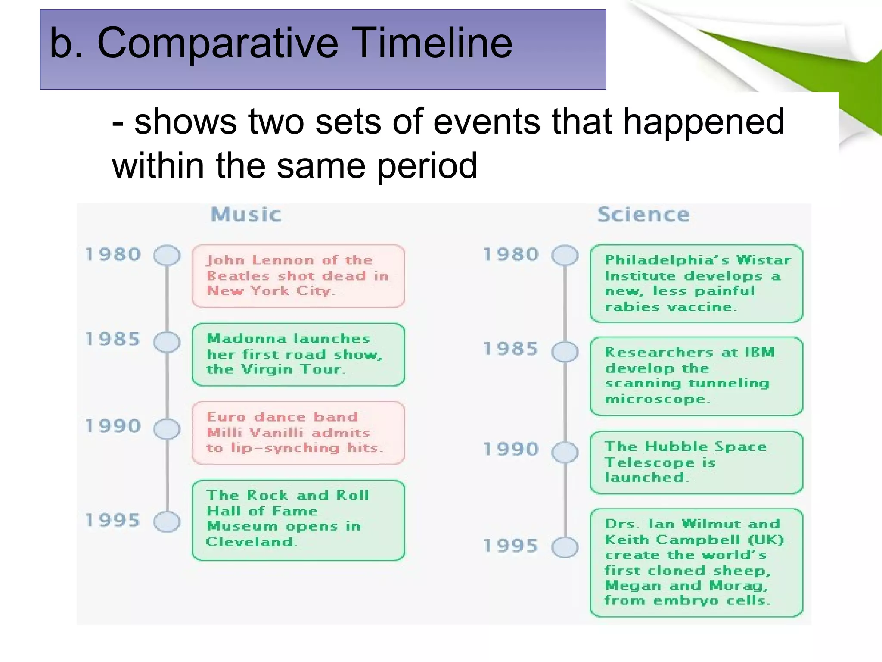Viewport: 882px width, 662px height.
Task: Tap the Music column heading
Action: (x=246, y=215)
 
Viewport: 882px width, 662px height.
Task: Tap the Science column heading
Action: (x=643, y=215)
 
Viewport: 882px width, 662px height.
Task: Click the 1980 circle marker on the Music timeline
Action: (x=167, y=255)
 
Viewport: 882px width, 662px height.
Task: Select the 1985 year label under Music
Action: (x=113, y=339)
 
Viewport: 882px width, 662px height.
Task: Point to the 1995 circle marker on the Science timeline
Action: (x=565, y=547)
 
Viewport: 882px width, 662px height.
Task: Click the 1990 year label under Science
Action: (x=511, y=450)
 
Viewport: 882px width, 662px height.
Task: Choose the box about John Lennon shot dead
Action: (x=298, y=276)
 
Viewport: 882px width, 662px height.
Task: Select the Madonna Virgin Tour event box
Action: (x=298, y=354)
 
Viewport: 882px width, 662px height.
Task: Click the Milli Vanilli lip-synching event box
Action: (x=298, y=433)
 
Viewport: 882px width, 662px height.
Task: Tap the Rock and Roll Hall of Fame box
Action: (x=298, y=520)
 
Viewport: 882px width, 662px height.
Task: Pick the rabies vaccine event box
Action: (x=696, y=283)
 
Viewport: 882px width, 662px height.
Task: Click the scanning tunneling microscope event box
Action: (x=696, y=376)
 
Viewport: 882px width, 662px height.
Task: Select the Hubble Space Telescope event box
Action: (x=696, y=462)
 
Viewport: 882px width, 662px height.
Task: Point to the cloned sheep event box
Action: (x=696, y=562)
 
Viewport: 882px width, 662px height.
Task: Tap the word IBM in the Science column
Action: (x=760, y=352)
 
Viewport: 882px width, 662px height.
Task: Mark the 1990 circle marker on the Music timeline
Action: (x=167, y=429)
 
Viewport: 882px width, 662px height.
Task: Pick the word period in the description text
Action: (x=427, y=166)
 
